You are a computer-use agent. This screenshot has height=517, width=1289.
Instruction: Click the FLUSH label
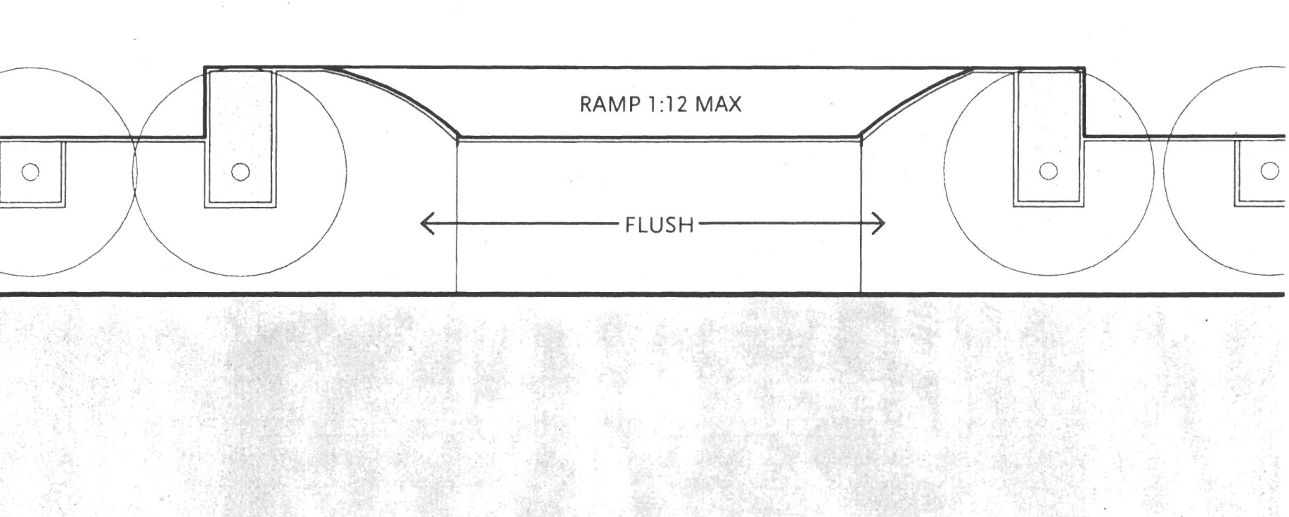tap(659, 225)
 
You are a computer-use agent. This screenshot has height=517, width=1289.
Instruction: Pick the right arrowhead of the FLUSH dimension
tap(880, 224)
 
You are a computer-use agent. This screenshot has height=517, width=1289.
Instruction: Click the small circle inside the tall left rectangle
tap(241, 171)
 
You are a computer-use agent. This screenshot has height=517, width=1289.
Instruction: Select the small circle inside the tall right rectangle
tap(1048, 171)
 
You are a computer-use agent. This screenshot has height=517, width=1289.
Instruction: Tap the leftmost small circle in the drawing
tap(30, 171)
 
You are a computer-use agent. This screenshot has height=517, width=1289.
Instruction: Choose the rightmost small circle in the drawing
tap(1270, 171)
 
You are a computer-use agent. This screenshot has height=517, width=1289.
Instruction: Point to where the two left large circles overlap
tap(134, 169)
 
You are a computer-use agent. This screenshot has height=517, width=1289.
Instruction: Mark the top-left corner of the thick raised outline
tap(205, 68)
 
